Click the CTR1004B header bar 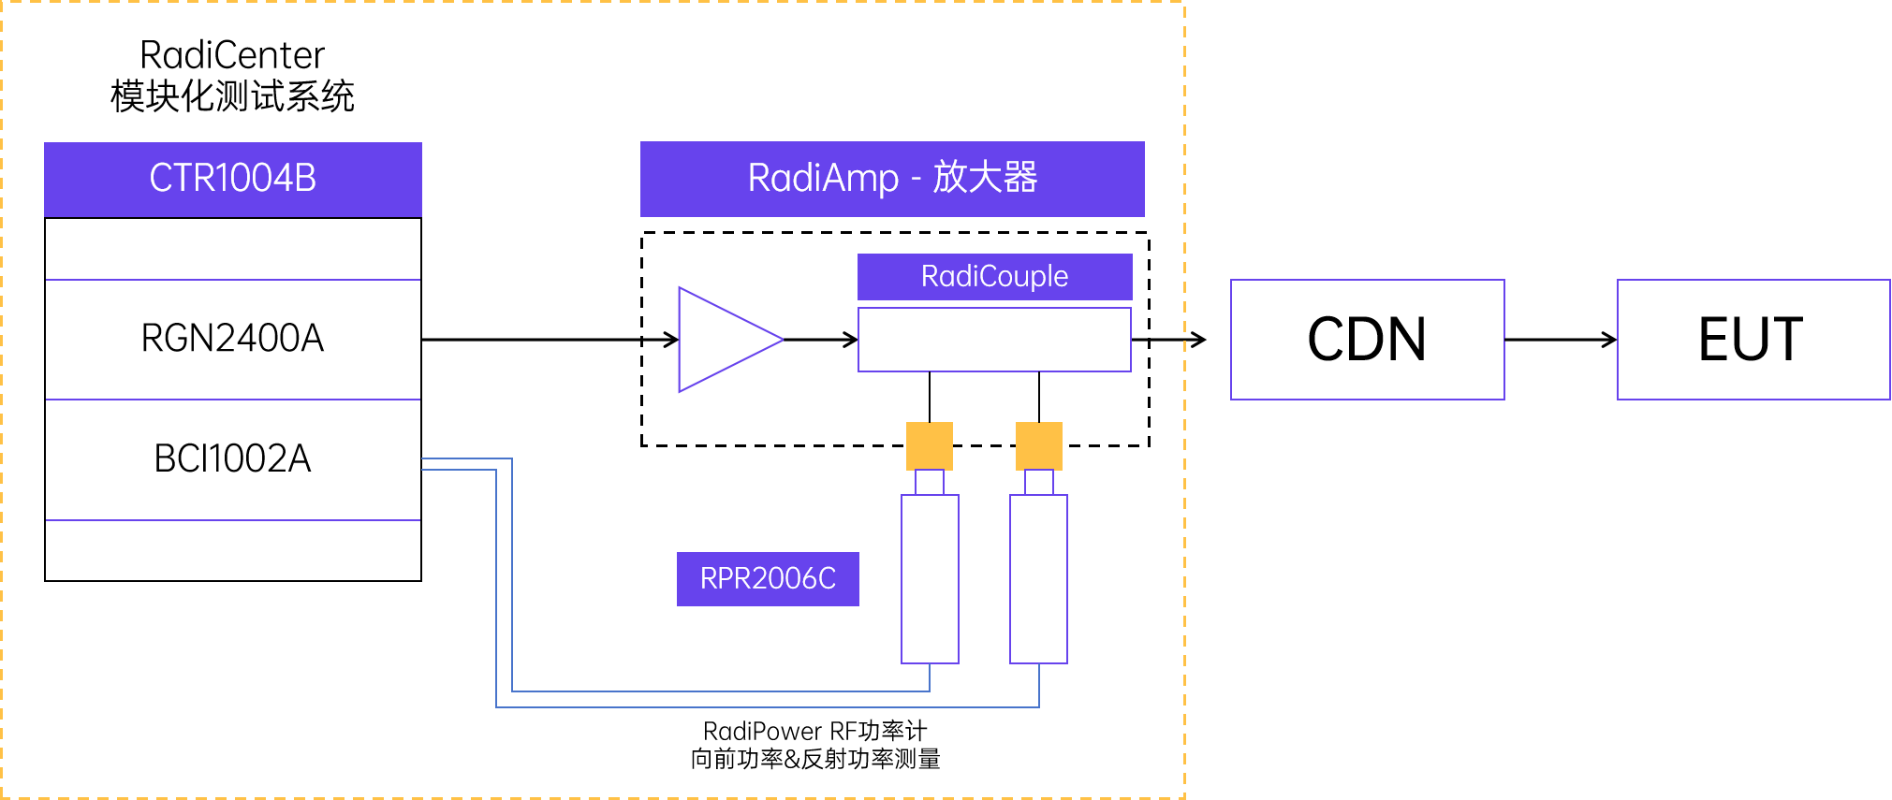point(233,179)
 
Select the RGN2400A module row point(233,339)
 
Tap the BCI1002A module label point(233,458)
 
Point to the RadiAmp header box point(892,179)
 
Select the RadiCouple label point(995,276)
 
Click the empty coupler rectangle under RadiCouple point(994,340)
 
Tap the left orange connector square point(930,445)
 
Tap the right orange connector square point(1039,445)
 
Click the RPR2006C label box point(768,579)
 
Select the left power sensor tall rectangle point(930,579)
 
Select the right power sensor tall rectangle point(1039,579)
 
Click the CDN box point(1368,340)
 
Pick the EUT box point(1753,340)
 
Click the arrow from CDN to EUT point(1561,340)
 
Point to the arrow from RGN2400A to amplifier point(550,340)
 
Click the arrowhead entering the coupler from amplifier point(851,340)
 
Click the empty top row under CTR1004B point(233,249)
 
